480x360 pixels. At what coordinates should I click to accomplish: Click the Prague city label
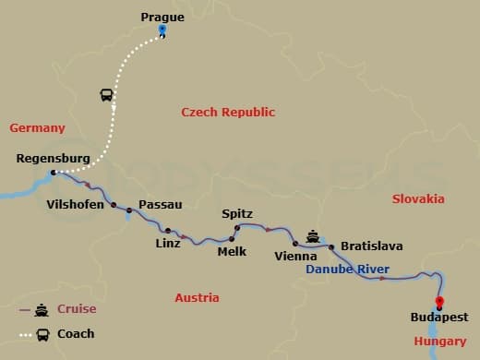pyautogui.click(x=162, y=17)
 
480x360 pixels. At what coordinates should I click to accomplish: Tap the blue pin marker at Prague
pyautogui.click(x=162, y=30)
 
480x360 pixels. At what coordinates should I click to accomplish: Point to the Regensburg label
pyautogui.click(x=54, y=159)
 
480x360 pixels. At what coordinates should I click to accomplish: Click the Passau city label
pyautogui.click(x=160, y=204)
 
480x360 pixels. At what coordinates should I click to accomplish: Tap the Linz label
pyautogui.click(x=168, y=244)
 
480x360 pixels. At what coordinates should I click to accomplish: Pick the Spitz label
pyautogui.click(x=237, y=214)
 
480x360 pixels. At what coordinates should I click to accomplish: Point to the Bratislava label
pyautogui.click(x=372, y=246)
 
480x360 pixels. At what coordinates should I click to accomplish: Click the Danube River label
pyautogui.click(x=347, y=270)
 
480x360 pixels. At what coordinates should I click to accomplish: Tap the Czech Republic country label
pyautogui.click(x=228, y=112)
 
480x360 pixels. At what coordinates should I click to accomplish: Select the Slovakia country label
pyautogui.click(x=418, y=198)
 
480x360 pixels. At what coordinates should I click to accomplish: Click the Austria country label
pyautogui.click(x=197, y=297)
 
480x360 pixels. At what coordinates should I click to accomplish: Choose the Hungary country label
pyautogui.click(x=440, y=342)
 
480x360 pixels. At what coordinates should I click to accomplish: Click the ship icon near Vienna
pyautogui.click(x=313, y=235)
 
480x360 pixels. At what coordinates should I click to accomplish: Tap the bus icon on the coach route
pyautogui.click(x=106, y=95)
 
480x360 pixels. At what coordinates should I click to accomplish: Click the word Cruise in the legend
pyautogui.click(x=77, y=309)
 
